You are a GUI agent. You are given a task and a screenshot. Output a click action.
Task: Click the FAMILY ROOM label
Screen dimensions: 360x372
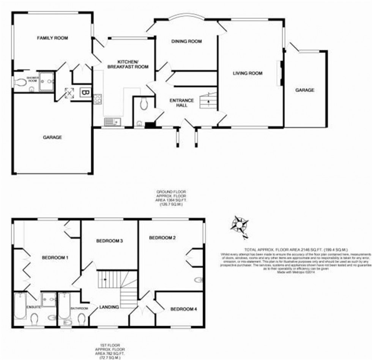(52, 38)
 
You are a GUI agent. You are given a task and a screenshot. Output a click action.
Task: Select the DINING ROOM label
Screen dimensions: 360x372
(186, 41)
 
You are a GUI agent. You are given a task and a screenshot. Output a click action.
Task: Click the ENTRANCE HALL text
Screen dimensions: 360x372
(181, 103)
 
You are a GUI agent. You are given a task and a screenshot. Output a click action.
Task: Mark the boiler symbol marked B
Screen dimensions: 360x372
(85, 92)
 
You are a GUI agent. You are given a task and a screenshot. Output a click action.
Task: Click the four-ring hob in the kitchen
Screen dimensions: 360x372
(98, 99)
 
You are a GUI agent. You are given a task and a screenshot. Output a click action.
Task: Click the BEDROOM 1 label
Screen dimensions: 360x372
(55, 258)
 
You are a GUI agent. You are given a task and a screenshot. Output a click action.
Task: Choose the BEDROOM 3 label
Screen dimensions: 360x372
(109, 241)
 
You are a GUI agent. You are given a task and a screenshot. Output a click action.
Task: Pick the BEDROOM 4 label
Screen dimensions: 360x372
(183, 309)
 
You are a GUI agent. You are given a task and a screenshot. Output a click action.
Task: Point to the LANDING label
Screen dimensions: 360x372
(109, 307)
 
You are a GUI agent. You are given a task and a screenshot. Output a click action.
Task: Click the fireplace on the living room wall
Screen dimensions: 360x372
(280, 73)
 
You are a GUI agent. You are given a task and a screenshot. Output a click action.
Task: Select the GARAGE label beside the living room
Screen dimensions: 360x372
(305, 90)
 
